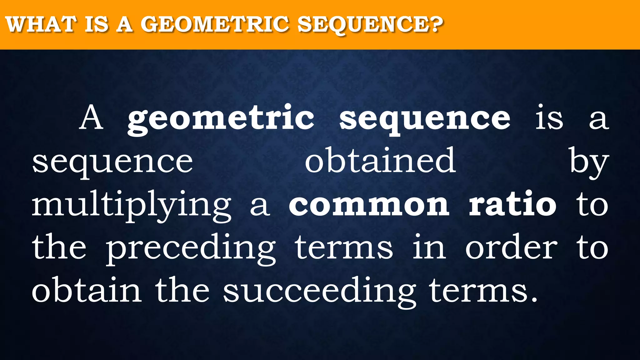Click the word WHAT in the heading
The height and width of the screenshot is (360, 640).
point(41,24)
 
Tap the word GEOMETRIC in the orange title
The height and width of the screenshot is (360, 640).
point(214,24)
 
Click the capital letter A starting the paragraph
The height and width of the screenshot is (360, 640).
point(91,118)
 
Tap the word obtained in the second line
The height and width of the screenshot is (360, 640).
point(380,161)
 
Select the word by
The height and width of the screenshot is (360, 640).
point(588,162)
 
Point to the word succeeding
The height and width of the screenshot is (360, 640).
point(319,291)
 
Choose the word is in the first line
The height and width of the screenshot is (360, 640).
point(549,118)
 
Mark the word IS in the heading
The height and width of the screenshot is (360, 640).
point(97,24)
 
